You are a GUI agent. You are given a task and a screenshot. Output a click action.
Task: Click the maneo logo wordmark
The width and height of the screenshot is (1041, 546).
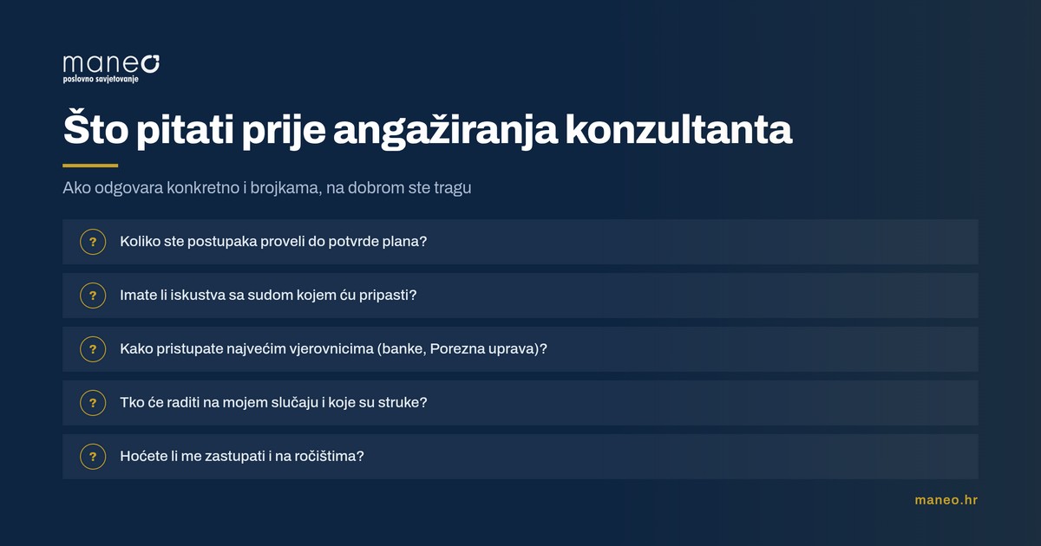click(x=111, y=64)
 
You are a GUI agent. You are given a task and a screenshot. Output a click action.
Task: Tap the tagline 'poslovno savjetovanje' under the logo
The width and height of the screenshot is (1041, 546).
click(x=101, y=80)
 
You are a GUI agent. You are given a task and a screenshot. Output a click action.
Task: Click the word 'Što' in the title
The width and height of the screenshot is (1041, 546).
click(x=95, y=127)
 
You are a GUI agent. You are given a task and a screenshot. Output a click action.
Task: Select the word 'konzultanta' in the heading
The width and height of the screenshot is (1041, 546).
click(x=678, y=128)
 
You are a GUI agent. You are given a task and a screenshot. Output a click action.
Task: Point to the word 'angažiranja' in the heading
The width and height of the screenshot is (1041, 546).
click(x=445, y=130)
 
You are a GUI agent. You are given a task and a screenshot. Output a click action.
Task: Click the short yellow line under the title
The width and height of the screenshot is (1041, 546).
click(x=90, y=166)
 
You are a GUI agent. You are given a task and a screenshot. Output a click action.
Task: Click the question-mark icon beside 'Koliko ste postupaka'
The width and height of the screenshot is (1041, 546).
click(x=93, y=242)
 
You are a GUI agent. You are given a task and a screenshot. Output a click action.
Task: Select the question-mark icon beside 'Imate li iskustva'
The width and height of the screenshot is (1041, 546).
click(x=93, y=296)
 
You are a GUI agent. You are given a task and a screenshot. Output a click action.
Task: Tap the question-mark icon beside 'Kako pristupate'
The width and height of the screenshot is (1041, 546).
click(x=93, y=349)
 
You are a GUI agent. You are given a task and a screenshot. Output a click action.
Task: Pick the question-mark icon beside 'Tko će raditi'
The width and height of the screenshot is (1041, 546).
click(x=93, y=402)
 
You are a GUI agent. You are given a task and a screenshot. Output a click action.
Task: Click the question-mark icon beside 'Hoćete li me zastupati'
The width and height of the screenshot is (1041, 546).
click(x=93, y=457)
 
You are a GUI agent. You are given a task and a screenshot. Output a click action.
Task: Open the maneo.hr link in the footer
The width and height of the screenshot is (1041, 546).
click(x=946, y=500)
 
